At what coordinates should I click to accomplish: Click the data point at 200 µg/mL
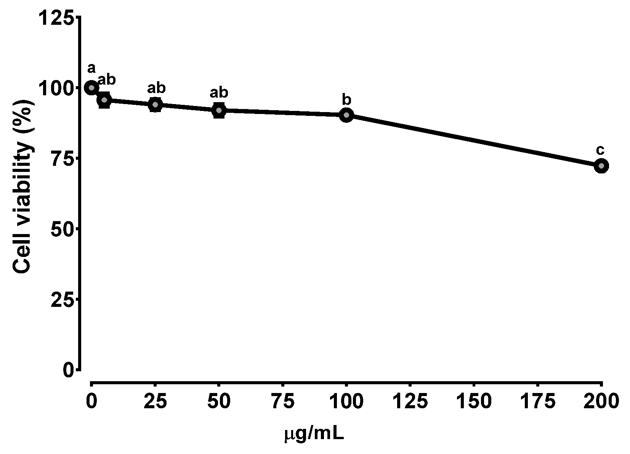tap(601, 166)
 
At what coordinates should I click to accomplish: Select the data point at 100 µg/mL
tap(346, 115)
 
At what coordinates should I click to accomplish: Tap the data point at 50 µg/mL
tap(219, 110)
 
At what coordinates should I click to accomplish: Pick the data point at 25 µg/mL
tap(155, 104)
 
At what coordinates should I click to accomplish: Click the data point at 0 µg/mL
tap(91, 88)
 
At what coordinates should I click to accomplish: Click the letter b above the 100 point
tap(346, 100)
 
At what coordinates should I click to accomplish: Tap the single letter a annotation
tap(91, 69)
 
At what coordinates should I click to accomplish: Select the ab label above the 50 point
tap(219, 92)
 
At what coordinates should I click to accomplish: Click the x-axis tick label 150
tap(474, 402)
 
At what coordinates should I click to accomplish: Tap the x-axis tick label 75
tap(282, 402)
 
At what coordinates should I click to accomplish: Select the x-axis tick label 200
tap(601, 402)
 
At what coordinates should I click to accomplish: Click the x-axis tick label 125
tap(410, 402)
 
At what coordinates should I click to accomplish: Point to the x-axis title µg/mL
tap(314, 434)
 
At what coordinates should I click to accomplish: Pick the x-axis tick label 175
tap(537, 402)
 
